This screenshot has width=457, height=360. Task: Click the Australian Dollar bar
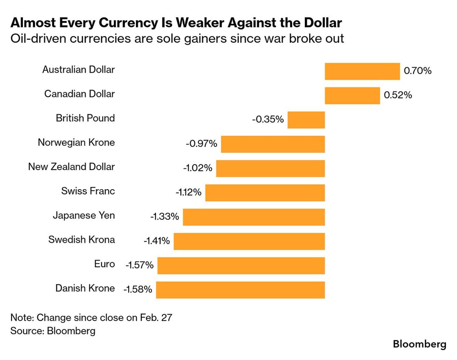tap(362, 71)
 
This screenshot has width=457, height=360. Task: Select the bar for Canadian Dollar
tap(352, 95)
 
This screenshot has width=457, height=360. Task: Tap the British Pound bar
tap(306, 120)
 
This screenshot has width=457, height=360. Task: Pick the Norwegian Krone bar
tap(273, 144)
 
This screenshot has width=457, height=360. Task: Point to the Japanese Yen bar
tap(253, 217)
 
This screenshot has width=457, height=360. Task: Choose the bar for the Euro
tap(241, 265)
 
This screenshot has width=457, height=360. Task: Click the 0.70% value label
tap(417, 71)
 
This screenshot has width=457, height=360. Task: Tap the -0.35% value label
tap(268, 120)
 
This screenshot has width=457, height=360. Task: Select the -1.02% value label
tap(196, 168)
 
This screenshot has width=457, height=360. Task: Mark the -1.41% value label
tap(156, 241)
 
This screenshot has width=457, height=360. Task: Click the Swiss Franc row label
tap(88, 191)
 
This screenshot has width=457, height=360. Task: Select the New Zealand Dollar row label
tap(71, 167)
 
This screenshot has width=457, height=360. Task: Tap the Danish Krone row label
tap(85, 288)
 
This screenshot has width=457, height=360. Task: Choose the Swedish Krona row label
tap(82, 239)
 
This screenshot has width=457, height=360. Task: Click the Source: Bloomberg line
tap(53, 331)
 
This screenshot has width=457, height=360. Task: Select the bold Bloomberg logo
tap(419, 345)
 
